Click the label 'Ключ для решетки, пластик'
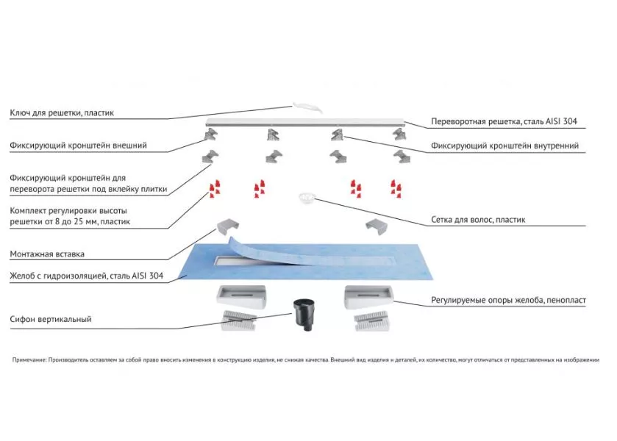(x=62, y=113)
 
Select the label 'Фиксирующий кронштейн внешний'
(x=78, y=146)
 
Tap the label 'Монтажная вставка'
(x=47, y=254)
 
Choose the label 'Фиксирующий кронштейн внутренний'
(x=504, y=146)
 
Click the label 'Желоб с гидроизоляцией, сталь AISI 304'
(x=86, y=277)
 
